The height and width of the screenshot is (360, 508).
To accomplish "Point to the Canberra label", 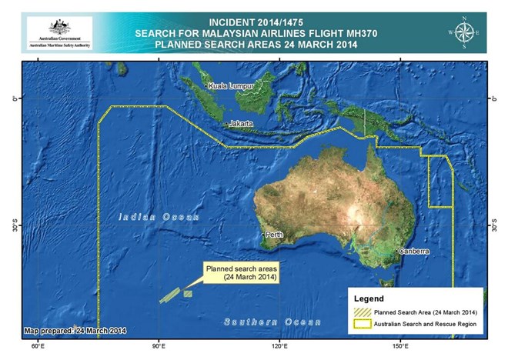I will pos(413,252).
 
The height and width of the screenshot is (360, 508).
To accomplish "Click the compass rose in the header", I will pos(465,33).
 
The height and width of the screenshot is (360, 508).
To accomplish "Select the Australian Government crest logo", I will pos(59,27).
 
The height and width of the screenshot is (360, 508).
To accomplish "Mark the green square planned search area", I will pos(187,293).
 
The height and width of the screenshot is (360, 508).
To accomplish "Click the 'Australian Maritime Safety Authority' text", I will pos(59,45).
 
